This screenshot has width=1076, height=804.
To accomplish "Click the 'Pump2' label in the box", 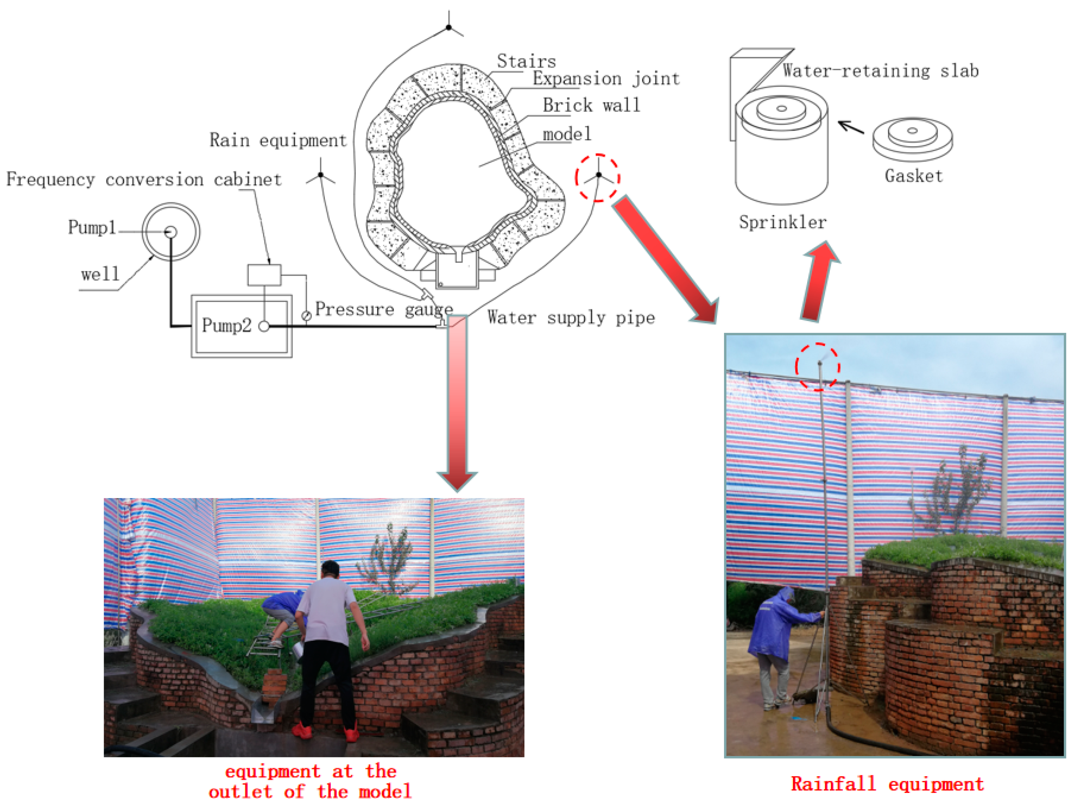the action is pos(226,325).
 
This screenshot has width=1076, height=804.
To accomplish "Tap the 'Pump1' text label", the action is pos(92,227).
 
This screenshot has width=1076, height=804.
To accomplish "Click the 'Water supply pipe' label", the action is pos(571,317).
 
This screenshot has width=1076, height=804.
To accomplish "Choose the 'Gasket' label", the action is pos(913,175).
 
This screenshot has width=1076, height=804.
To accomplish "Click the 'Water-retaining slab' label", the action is pos(881,71).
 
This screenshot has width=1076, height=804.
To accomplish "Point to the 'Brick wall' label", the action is pos(591,105).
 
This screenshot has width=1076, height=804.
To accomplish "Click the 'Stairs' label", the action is pos(526,61).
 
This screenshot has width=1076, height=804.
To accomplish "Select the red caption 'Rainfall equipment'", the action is pos(887,784).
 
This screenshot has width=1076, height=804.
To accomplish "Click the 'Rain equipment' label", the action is pos(278,140).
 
